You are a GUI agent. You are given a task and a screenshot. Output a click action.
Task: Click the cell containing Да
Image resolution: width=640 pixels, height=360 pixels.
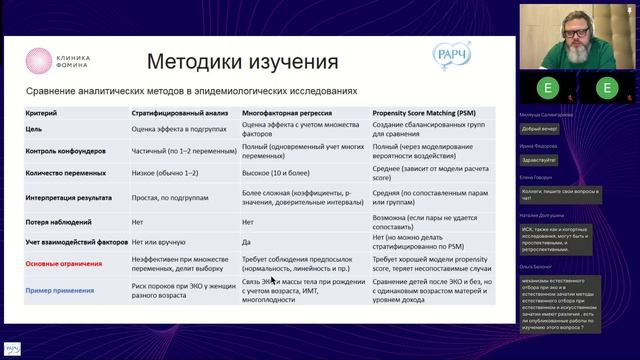pyautogui.click(x=246, y=242)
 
